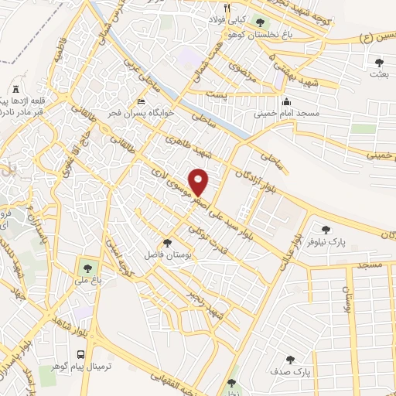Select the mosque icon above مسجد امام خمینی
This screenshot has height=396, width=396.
point(287,101)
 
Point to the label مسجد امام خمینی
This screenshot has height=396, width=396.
point(286,114)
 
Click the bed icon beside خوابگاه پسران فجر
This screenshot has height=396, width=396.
point(140,101)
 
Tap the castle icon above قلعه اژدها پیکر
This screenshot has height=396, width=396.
point(17,90)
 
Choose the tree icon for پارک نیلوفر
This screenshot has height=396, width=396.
point(325,229)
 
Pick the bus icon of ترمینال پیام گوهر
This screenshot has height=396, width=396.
point(80,353)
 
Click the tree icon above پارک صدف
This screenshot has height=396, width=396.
point(291,359)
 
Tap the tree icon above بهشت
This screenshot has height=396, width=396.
point(378,62)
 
